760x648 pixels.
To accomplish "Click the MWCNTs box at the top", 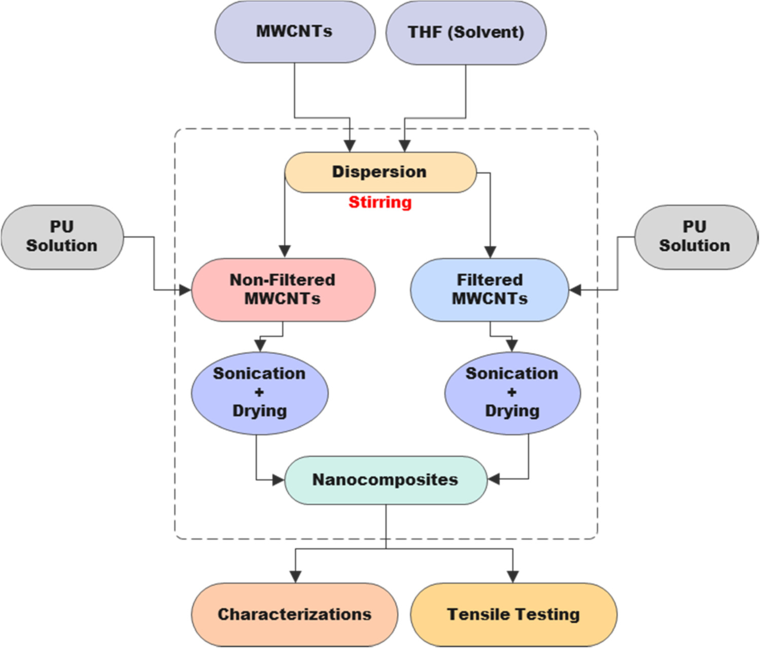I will coord(295,31).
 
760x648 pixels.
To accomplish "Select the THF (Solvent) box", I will coord(466,32).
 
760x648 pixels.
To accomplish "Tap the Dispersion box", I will coord(380,172).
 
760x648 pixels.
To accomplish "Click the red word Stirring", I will coord(380,202).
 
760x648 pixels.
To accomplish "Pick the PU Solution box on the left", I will coord(62,236).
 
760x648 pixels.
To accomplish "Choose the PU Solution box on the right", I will coord(695,236).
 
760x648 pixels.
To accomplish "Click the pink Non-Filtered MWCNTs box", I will coord(283,289).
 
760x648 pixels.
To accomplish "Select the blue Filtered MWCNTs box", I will coord(490,289).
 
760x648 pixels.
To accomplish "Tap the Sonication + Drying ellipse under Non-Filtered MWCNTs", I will coord(259,392).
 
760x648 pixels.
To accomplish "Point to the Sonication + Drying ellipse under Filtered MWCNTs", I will coord(512,392).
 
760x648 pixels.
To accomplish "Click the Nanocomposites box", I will coord(386,480).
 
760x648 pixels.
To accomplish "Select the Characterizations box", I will coord(294,615).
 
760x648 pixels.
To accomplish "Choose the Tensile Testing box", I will coord(513,615).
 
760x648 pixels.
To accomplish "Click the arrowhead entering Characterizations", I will coord(295,577).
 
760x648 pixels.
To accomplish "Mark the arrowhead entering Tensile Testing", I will coord(513,577).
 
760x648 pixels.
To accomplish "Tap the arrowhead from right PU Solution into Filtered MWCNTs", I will coord(575,290).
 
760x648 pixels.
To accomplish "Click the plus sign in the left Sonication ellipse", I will coord(259,392).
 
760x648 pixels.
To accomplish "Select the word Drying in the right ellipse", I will coord(512,411).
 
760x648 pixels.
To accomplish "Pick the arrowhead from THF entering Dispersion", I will coord(404,146).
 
